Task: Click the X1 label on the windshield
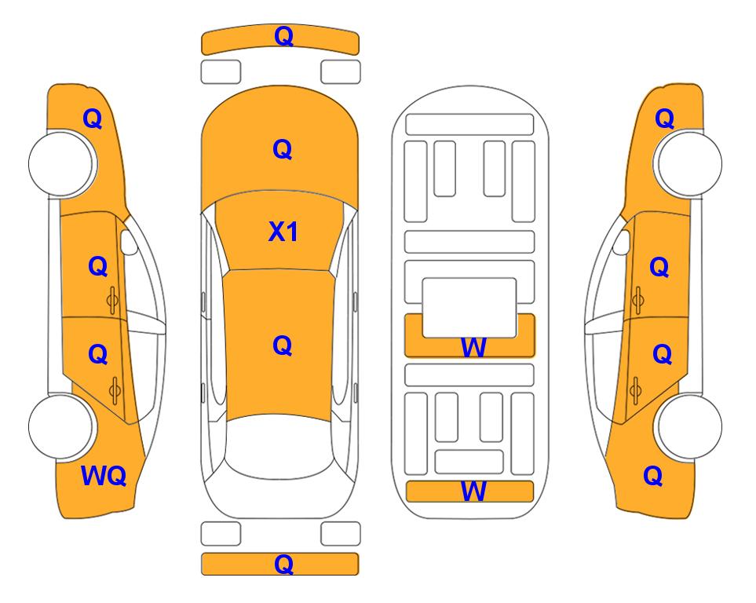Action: point(283,232)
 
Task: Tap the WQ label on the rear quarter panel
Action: point(104,476)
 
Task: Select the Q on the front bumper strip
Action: point(283,36)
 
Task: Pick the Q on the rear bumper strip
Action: point(283,564)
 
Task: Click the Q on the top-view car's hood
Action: point(282,149)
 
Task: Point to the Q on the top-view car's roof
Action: point(282,345)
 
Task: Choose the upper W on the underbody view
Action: point(473,347)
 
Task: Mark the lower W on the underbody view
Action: point(473,492)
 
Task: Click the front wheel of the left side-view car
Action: point(62,163)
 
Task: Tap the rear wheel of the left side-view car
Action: point(62,426)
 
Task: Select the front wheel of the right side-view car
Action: point(688,163)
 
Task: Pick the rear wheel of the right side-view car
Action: point(688,426)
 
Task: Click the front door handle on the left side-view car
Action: point(113,300)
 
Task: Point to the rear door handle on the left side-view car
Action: point(115,391)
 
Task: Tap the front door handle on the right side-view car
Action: point(637,300)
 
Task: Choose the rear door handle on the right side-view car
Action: point(635,391)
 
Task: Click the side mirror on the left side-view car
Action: point(128,242)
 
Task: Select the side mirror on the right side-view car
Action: point(622,242)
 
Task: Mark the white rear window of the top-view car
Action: point(279,446)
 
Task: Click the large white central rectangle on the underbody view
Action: point(469,308)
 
